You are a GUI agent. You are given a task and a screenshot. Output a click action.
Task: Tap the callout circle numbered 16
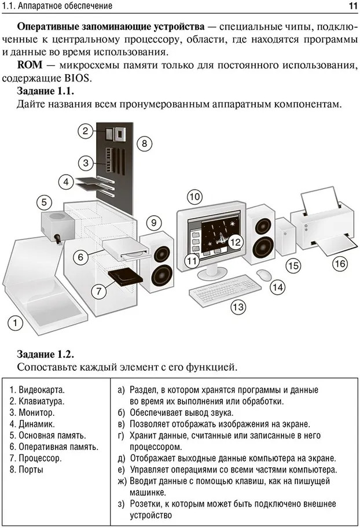pyautogui.click(x=340, y=264)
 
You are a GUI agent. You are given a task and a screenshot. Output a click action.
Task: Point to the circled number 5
pyautogui.click(x=45, y=202)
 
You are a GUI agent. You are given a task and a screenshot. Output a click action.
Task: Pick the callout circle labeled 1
pyautogui.click(x=16, y=322)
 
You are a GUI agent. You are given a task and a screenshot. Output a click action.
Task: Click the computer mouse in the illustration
pyautogui.click(x=263, y=273)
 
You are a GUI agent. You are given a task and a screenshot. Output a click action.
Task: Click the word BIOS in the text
pyautogui.click(x=78, y=78)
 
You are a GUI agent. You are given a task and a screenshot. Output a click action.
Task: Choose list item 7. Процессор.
pyautogui.click(x=36, y=458)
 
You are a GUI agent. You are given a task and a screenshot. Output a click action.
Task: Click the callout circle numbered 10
pyautogui.click(x=194, y=197)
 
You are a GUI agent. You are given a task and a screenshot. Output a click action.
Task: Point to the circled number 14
pyautogui.click(x=278, y=286)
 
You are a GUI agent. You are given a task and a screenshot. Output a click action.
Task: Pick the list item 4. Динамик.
pyautogui.click(x=34, y=424)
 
